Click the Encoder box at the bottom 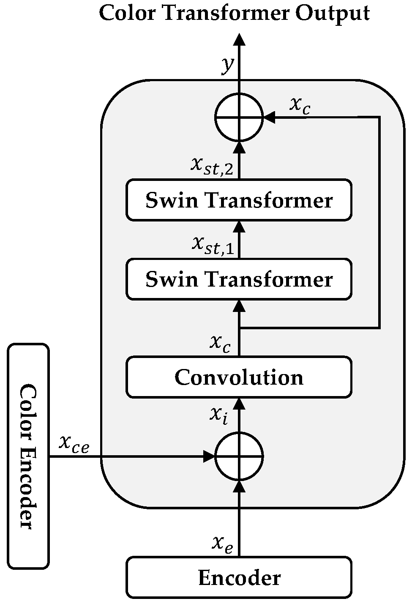pos(239,577)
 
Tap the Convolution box pos(239,377)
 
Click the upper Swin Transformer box pos(239,200)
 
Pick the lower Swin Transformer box pos(239,279)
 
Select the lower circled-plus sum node pos(239,456)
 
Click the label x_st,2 pos(212,165)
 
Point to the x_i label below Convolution pos(219,415)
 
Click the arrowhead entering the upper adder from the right pos(269,117)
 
